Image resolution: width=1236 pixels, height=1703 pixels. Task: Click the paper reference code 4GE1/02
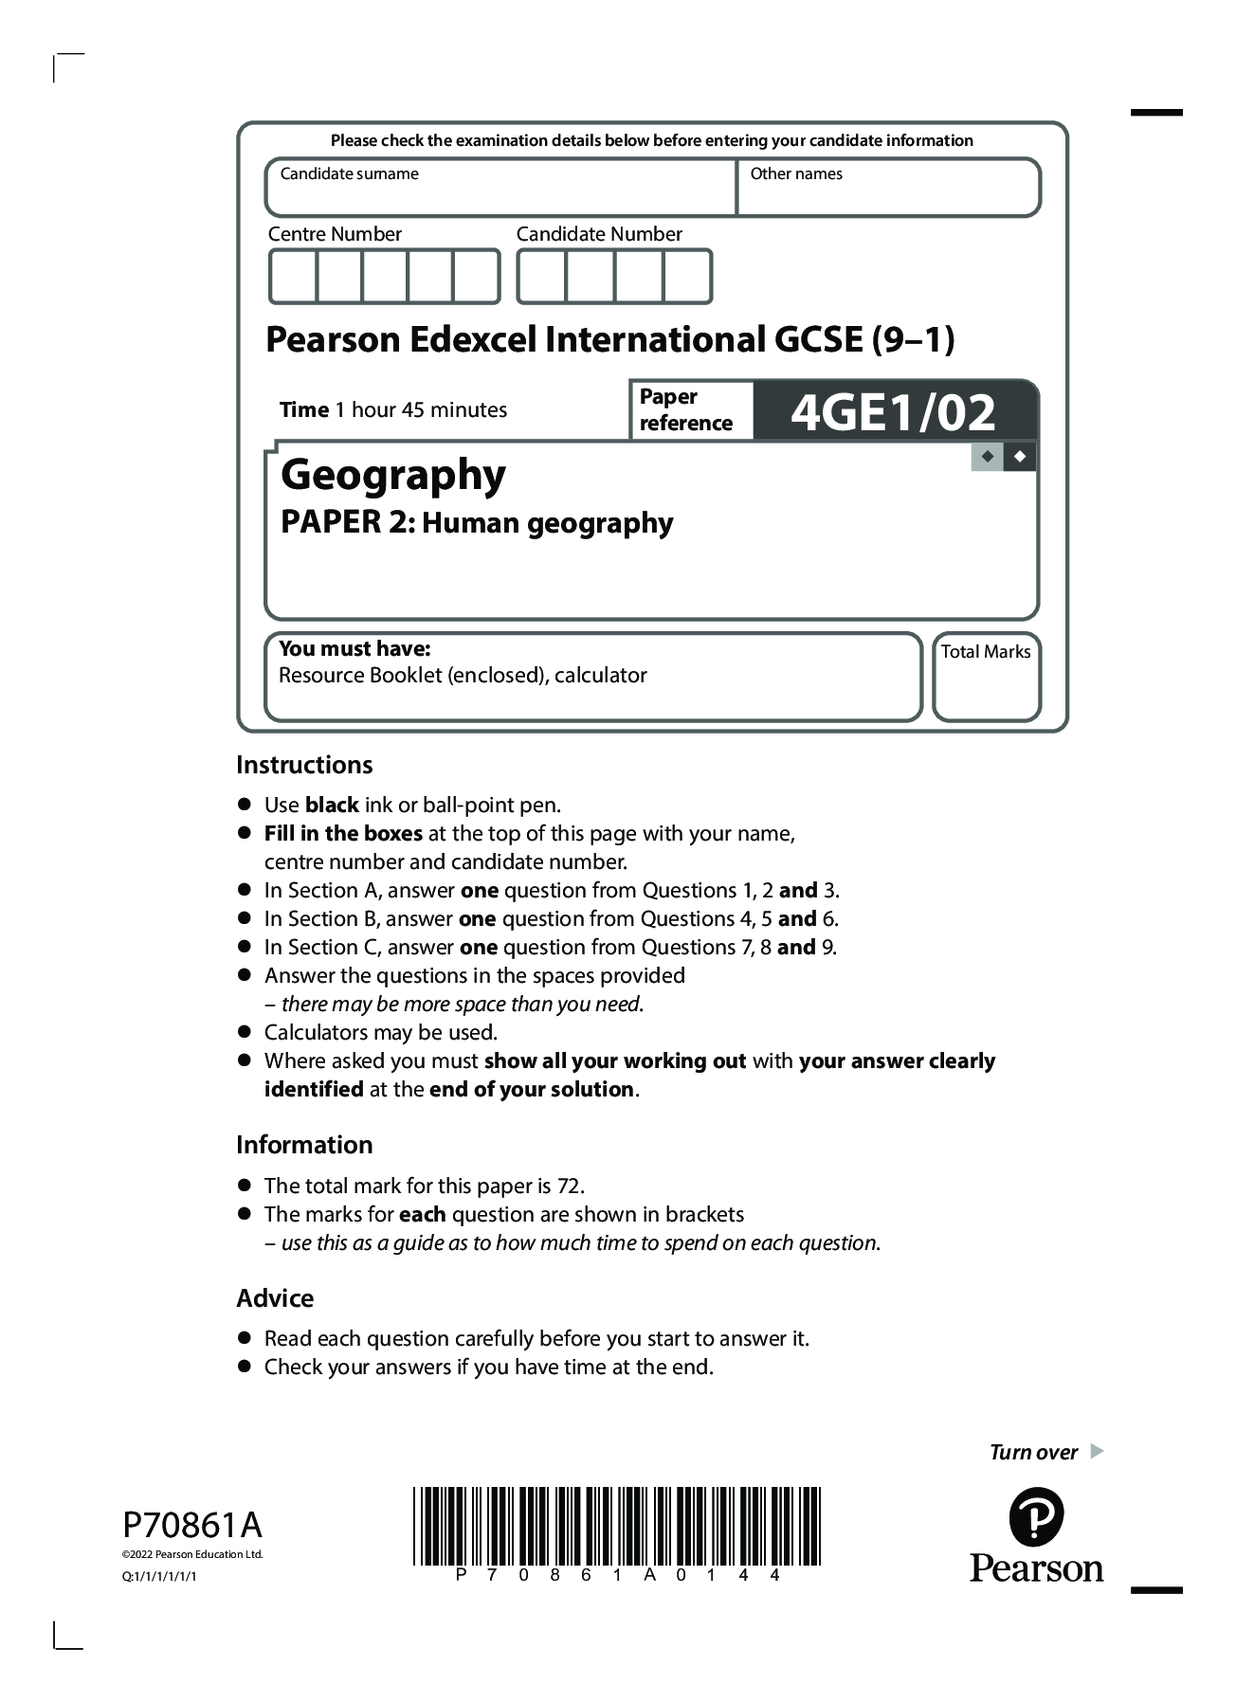(x=893, y=412)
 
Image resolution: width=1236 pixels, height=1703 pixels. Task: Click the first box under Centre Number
(x=293, y=276)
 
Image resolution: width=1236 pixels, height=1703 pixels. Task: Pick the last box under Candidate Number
(x=687, y=276)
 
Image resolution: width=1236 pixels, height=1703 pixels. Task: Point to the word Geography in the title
(x=393, y=475)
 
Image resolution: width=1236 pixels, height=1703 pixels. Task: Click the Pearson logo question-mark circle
(x=1036, y=1517)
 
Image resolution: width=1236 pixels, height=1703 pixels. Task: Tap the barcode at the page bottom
(x=617, y=1526)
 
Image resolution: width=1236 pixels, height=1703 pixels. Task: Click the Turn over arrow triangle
(x=1098, y=1451)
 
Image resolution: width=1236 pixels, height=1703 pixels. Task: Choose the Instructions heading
(x=304, y=765)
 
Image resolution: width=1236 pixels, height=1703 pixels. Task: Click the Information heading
(x=304, y=1145)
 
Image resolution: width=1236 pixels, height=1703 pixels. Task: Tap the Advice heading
(x=275, y=1298)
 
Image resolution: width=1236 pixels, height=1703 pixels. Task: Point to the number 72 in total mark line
(x=568, y=1186)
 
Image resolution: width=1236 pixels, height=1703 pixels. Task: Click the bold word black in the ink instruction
(x=332, y=806)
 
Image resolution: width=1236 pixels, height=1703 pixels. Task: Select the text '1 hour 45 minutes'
(x=428, y=410)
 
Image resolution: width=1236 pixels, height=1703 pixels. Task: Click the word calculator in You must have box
(x=601, y=676)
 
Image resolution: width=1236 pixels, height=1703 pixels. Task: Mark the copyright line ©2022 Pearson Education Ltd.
(x=192, y=1554)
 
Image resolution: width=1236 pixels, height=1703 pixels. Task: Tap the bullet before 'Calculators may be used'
(x=245, y=1031)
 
